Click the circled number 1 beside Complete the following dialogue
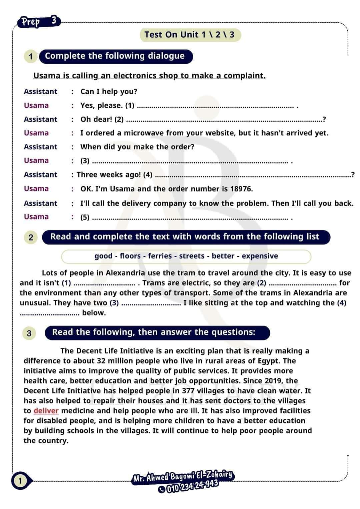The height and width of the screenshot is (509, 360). tap(31, 56)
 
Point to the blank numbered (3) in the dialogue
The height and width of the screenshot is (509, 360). tap(190, 162)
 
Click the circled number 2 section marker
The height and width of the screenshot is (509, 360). tap(31, 237)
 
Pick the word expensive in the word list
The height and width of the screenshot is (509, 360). tap(260, 256)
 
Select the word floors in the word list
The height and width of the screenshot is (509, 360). tap(130, 256)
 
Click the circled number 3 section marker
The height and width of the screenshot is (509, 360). tap(29, 333)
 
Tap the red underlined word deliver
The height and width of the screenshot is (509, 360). tap(46, 411)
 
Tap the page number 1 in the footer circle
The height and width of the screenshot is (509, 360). tap(20, 481)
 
